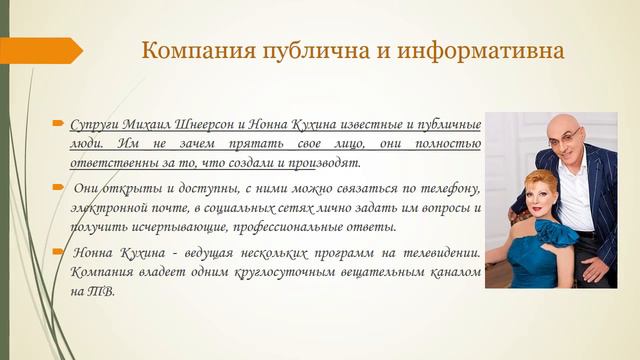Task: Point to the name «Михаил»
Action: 154,126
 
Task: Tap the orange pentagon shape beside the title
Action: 40,50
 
